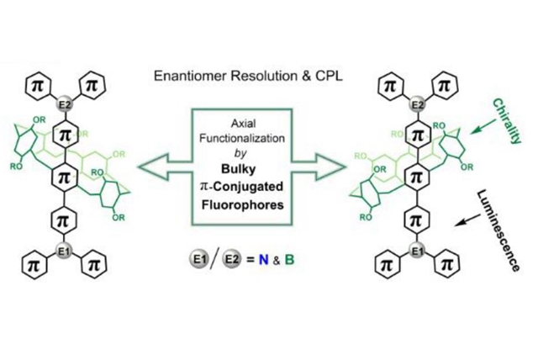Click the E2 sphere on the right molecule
(x=413, y=106)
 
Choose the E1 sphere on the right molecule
(x=413, y=251)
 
